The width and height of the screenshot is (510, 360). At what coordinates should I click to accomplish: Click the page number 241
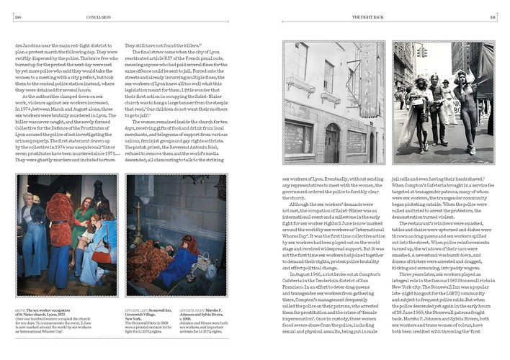tap(493, 16)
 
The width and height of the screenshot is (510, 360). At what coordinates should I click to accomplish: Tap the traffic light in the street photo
tap(424, 53)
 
